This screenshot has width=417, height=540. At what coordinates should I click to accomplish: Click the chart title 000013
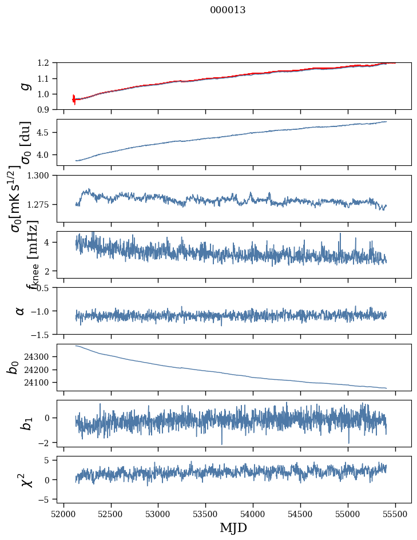tap(228, 10)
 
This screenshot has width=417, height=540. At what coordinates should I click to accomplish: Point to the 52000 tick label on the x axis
tap(63, 514)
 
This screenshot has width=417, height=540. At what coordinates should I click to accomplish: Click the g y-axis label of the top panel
tap(23, 86)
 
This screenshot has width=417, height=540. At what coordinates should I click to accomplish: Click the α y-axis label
tap(20, 311)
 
